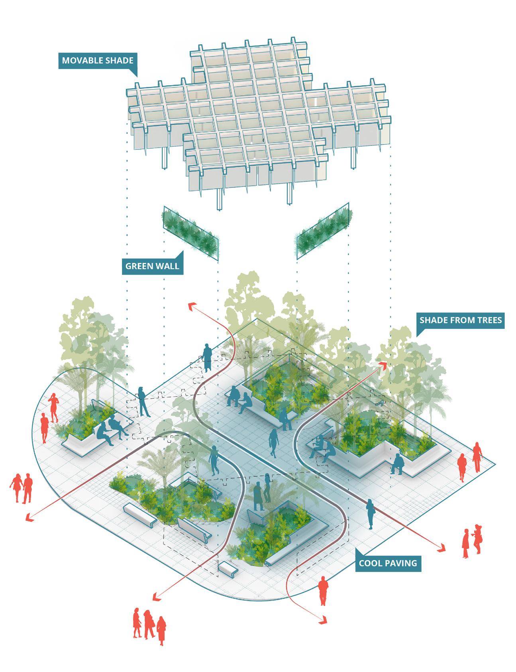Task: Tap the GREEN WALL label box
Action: point(152,266)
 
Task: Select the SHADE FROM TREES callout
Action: point(460,320)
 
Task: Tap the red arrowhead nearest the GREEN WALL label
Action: point(193,306)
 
